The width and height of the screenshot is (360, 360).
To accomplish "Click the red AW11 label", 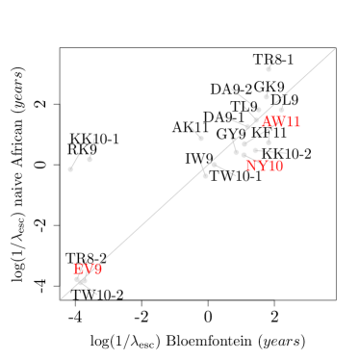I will click(x=281, y=122).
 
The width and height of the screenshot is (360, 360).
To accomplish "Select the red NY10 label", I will click(x=264, y=166).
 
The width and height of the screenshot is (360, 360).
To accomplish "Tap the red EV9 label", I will click(x=87, y=270).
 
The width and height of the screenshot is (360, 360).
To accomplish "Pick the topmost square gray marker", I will click(x=269, y=69).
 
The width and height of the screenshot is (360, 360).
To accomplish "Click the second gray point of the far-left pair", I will click(x=90, y=159).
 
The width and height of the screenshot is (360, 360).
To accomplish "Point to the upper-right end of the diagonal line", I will click(x=335, y=48).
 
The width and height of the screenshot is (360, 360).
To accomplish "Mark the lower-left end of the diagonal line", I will click(x=61, y=298).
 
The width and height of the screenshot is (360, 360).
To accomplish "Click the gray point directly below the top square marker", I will click(x=266, y=97).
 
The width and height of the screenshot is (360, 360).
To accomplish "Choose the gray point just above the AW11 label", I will click(x=258, y=111).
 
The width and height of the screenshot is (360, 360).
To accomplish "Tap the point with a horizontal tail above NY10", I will click(x=255, y=150).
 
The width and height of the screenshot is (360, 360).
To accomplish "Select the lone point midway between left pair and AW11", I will click(x=200, y=138).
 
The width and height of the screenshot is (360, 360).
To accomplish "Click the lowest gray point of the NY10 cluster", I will click(x=205, y=176).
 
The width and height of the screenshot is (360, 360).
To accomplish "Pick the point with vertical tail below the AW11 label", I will click(x=269, y=142).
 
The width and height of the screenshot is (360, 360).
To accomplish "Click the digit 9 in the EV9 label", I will click(x=97, y=270).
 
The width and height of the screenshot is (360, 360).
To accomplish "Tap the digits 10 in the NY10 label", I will click(x=273, y=166).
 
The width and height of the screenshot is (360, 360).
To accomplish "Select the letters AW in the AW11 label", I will click(x=272, y=122).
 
